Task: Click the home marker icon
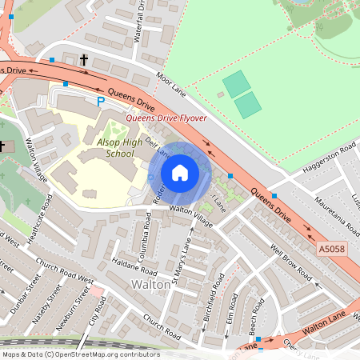click(x=180, y=172)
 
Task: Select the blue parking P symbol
click(x=100, y=102)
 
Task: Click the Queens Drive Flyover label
click(x=166, y=118)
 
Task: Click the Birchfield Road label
click(x=215, y=296)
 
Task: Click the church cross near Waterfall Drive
click(x=84, y=60)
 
